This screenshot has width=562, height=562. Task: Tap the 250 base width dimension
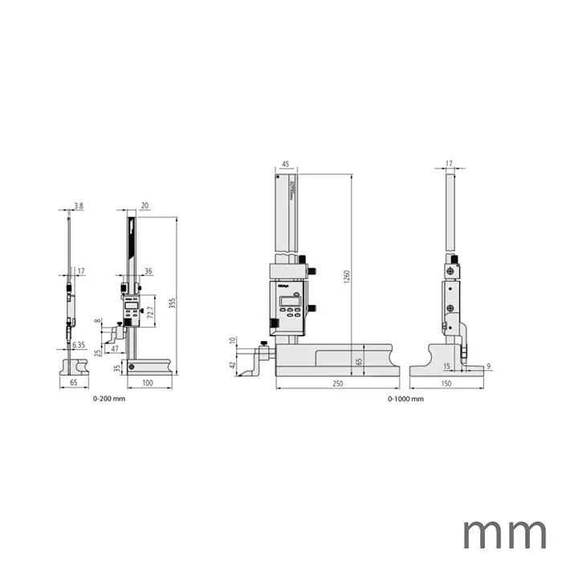337,385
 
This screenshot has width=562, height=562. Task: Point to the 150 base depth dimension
446,385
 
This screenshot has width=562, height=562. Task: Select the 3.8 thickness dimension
78,206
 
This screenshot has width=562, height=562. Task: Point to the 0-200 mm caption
109,399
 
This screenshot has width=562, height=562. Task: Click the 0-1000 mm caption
405,399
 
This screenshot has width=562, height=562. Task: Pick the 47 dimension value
114,349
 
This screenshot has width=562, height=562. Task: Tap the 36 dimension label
149,271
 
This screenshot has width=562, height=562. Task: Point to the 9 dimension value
488,367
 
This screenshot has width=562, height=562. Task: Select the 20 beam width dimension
145,206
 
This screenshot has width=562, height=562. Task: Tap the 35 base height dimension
118,369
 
